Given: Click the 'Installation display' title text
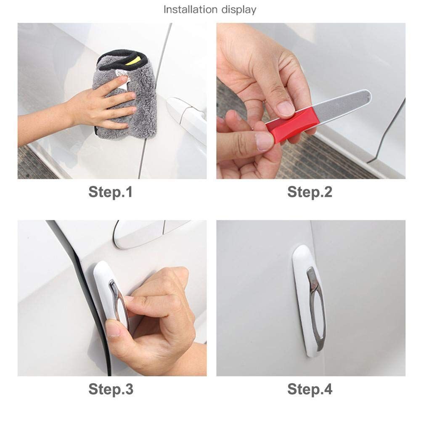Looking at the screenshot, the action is [x=210, y=10].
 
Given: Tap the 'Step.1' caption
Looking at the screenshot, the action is [x=111, y=192].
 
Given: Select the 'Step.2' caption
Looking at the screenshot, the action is [x=310, y=192].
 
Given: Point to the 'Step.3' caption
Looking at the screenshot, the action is [x=111, y=389].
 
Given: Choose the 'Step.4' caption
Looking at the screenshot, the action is [x=310, y=389].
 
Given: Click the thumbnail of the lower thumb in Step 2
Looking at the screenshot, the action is [x=264, y=141].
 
